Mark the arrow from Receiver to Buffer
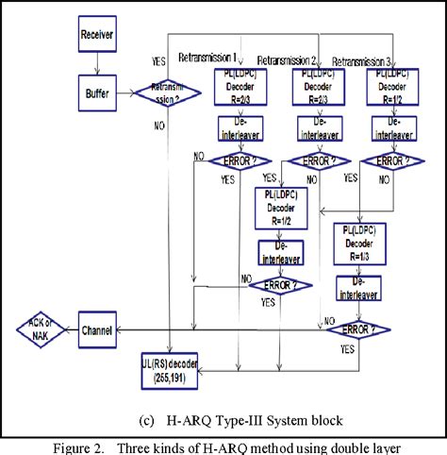[x=96, y=65]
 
